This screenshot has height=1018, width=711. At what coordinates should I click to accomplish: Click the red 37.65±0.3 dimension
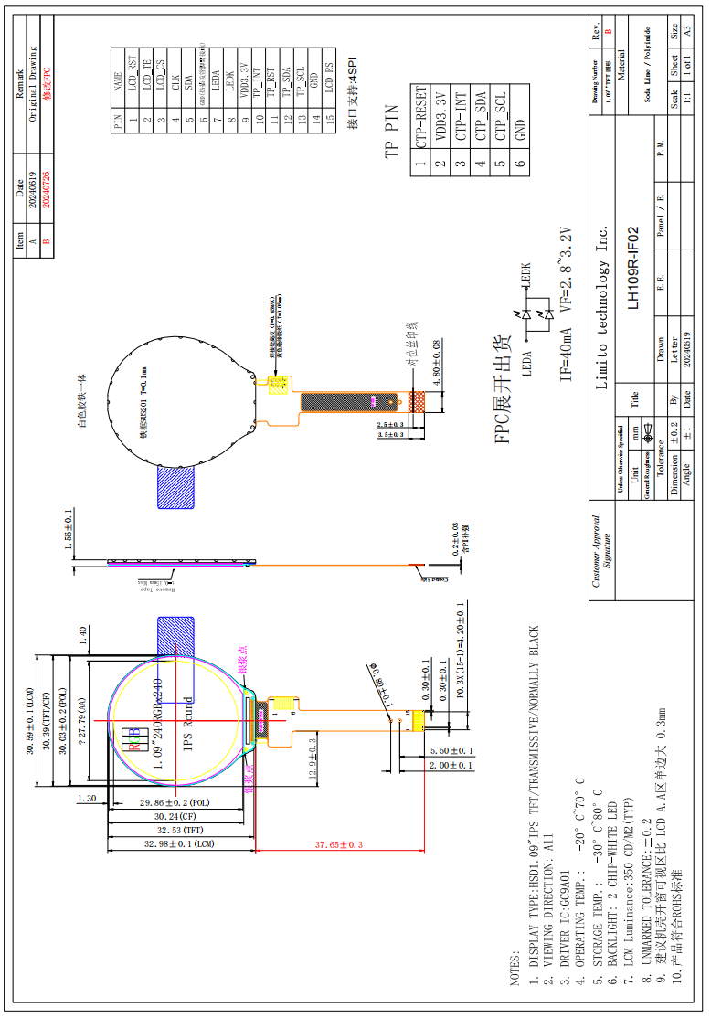click(x=339, y=845)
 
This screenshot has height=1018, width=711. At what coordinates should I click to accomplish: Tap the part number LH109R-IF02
click(x=632, y=270)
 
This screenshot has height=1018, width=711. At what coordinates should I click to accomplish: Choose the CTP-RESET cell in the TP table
click(x=421, y=118)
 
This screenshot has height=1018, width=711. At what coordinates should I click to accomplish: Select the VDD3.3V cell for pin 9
click(x=244, y=80)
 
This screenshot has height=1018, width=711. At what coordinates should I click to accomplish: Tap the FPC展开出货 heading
click(x=504, y=389)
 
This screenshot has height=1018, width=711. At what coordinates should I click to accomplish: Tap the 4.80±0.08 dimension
click(x=436, y=360)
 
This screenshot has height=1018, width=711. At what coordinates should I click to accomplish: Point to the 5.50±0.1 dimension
click(x=451, y=751)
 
